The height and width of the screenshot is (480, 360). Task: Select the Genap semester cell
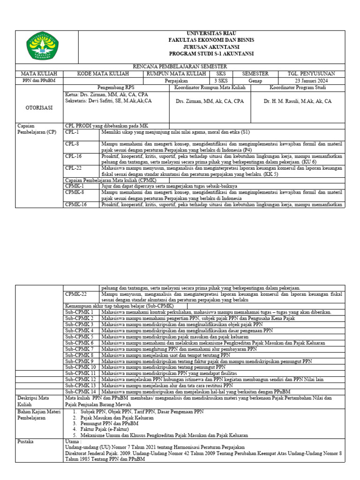click(255, 81)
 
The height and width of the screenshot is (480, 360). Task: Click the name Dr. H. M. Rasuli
click(297, 101)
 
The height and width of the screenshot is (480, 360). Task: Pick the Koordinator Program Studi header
click(298, 88)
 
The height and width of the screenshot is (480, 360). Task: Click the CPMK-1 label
click(75, 186)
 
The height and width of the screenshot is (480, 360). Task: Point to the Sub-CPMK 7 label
click(80, 349)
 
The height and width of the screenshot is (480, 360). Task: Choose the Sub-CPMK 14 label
click(81, 391)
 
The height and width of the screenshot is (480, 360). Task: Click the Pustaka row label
click(26, 442)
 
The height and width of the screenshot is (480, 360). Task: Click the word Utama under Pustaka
click(74, 442)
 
